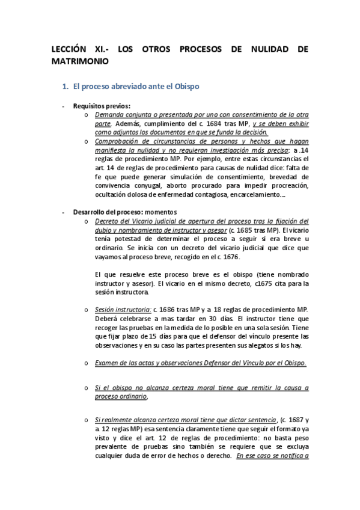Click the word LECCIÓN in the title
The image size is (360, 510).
coord(67,51)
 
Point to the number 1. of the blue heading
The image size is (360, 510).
coord(66,87)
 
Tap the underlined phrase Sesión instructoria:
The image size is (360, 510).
coord(118,309)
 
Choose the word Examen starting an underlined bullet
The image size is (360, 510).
coord(109,363)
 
